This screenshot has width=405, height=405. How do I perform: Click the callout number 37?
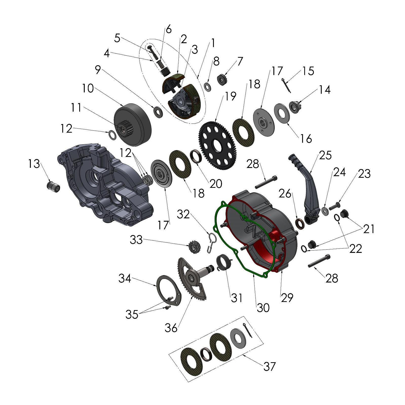pyautogui.click(x=269, y=366)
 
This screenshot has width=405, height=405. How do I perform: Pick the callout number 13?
pyautogui.click(x=34, y=164)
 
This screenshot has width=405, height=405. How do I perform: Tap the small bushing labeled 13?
pyautogui.click(x=54, y=186)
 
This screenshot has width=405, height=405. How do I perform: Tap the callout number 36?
pyautogui.click(x=171, y=328)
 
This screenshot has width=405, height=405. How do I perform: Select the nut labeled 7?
pyautogui.click(x=222, y=80)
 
